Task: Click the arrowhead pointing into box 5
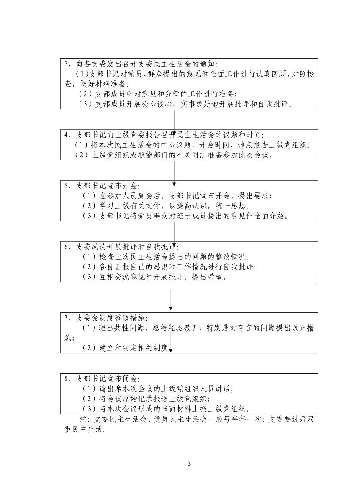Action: click(x=174, y=184)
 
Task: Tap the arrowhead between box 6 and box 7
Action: click(x=171, y=307)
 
